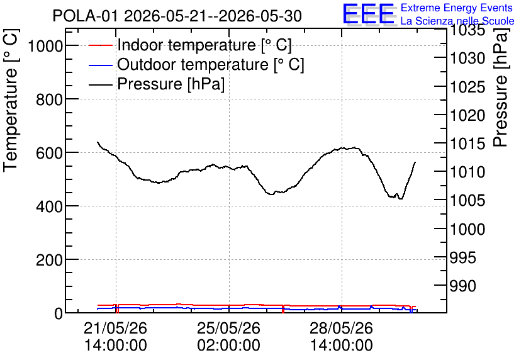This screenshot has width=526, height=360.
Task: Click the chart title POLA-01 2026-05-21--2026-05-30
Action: click(177, 16)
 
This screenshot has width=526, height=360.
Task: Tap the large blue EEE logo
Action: click(369, 14)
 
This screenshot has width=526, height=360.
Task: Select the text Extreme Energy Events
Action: click(457, 8)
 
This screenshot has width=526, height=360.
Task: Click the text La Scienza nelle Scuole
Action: click(457, 21)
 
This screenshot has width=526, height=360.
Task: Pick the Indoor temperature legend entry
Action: click(190, 45)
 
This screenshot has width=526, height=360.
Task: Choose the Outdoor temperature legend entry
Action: click(196, 64)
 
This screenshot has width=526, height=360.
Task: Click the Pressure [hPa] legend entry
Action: click(157, 84)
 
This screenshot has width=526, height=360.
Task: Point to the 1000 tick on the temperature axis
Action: click(45, 45)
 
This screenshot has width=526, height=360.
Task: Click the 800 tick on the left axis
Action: click(49, 99)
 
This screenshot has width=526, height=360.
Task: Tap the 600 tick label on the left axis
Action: click(49, 153)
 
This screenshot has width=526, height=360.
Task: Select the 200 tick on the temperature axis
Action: click(49, 260)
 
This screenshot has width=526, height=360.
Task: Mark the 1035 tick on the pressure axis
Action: click(467, 30)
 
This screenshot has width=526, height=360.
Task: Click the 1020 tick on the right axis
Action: click(467, 115)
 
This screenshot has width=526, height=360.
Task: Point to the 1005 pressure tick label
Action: click(467, 201)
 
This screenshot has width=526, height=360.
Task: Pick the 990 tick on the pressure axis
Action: click(462, 286)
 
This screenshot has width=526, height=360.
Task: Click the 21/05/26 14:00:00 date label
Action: click(115, 336)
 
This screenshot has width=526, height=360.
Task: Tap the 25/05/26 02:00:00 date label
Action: click(228, 336)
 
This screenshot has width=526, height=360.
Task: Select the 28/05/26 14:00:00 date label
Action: click(341, 336)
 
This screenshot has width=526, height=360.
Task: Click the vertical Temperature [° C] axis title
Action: click(11, 100)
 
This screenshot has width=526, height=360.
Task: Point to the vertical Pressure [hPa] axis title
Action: click(500, 87)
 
